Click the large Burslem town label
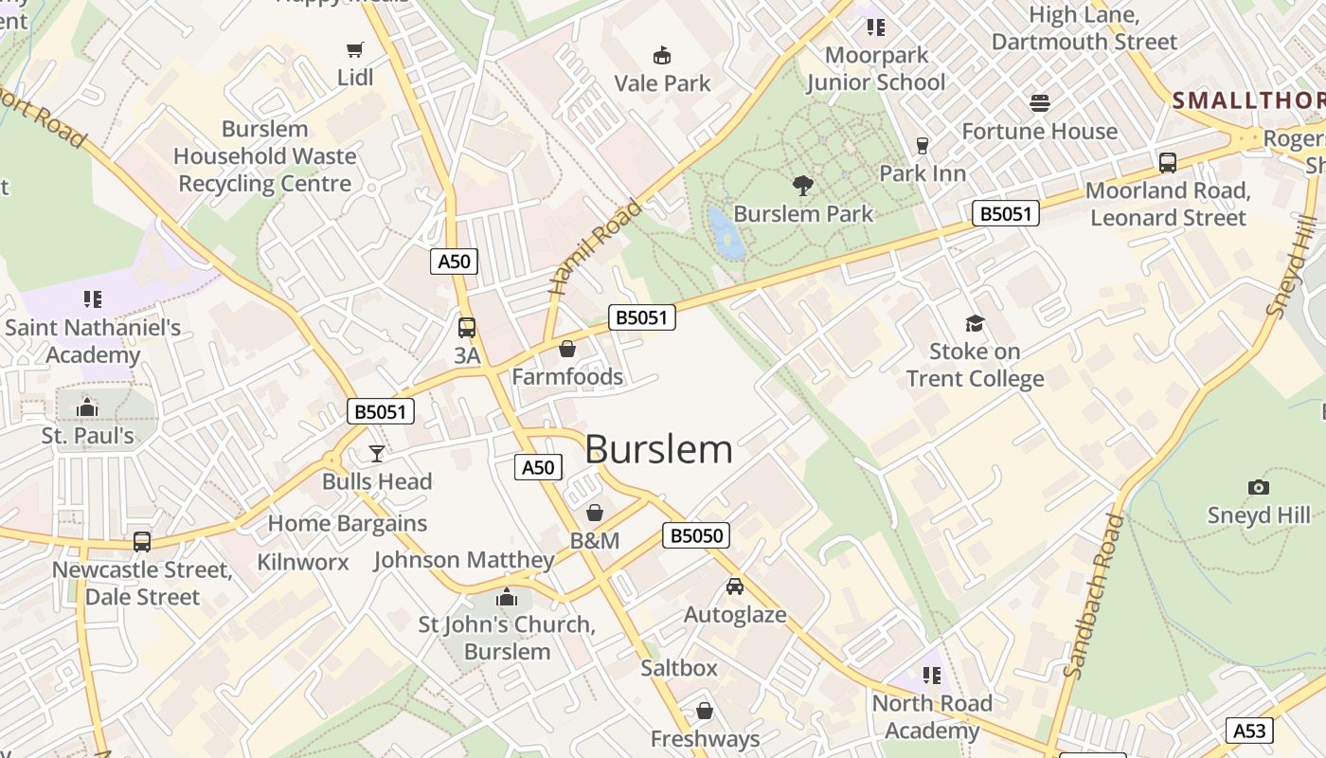(659, 449)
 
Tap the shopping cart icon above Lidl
(355, 49)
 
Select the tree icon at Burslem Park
(803, 186)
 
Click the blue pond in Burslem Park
(726, 232)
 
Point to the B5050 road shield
(696, 535)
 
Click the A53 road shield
(1249, 730)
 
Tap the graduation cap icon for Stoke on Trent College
(975, 324)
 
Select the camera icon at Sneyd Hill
(1258, 488)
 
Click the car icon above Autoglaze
(735, 587)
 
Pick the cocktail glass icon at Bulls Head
(377, 454)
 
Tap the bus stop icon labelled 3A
(467, 328)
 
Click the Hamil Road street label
(596, 246)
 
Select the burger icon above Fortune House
(1040, 103)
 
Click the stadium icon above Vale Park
(662, 56)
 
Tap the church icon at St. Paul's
(87, 408)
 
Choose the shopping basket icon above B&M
(595, 513)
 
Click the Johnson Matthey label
(464, 560)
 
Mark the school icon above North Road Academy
(932, 676)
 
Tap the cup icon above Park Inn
(922, 146)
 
